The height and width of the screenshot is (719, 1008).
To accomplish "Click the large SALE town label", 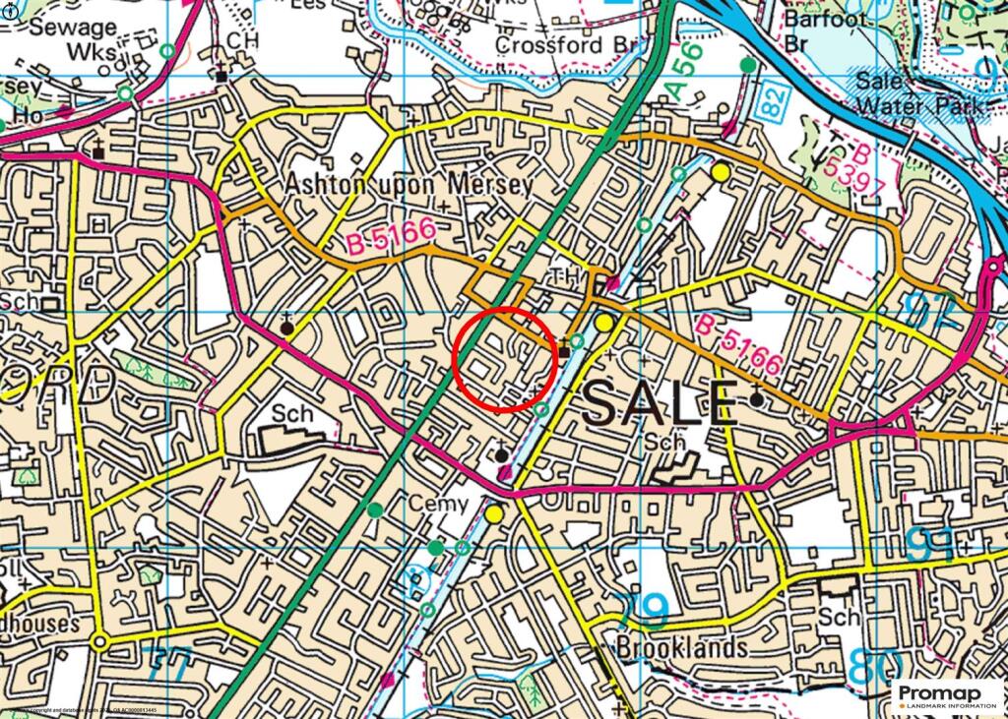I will pos(659,403).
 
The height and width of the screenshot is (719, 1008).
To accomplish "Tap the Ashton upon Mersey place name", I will pos(409,184).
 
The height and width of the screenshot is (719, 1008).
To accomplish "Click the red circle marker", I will pos(507,359).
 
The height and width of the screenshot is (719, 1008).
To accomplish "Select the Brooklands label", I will pos(681,647).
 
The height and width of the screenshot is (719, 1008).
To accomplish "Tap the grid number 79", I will pos(646,608).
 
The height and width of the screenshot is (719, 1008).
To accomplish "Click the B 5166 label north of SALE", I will pos(738,344).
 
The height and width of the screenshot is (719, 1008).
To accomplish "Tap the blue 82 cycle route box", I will pos(773,102).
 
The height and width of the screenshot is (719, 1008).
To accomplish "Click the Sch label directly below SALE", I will pos(665,443).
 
